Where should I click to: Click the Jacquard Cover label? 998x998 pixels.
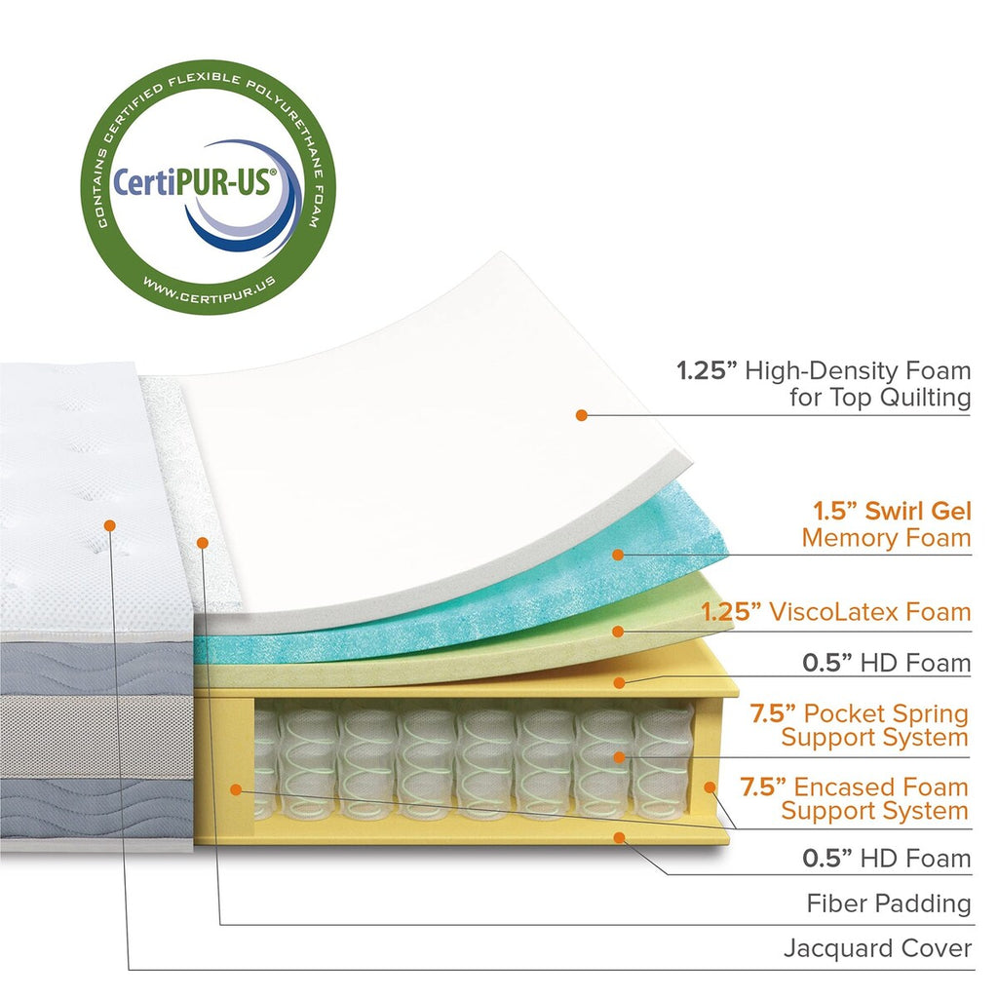point(877,948)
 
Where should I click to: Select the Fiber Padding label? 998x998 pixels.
point(888,903)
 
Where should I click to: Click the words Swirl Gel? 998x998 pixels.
point(912,511)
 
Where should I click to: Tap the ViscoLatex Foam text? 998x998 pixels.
point(869,612)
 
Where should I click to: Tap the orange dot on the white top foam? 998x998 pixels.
point(581,414)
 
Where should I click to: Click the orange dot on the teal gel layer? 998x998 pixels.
point(617,555)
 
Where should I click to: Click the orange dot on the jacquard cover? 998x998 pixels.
point(109,524)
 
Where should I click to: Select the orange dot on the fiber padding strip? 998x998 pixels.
point(202,541)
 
